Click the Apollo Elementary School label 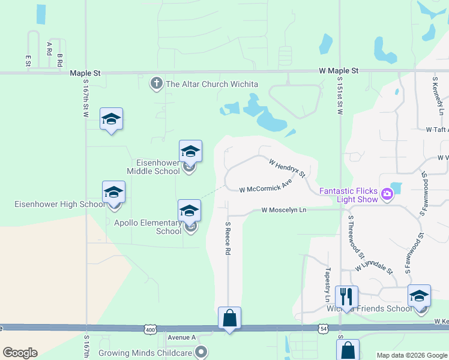point(148,227)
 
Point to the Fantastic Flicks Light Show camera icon point(387,193)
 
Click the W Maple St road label point(339,71)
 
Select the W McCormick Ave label point(265,185)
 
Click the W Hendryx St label point(287,168)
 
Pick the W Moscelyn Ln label point(284,210)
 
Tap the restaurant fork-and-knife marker point(346,296)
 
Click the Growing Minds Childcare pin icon point(202,352)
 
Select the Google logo point(20,352)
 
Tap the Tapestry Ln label point(328,284)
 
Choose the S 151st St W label point(340,95)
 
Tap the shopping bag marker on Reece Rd point(230,318)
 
